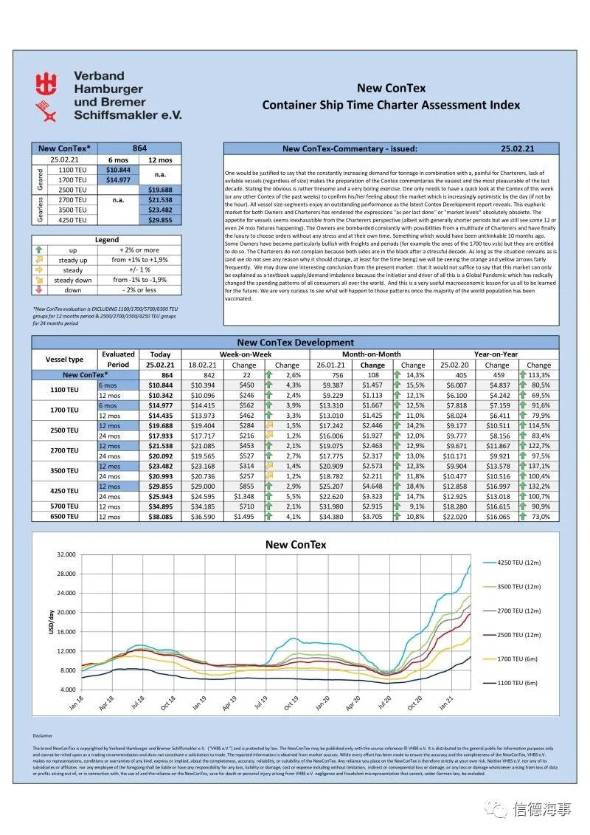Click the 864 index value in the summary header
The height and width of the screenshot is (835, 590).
[x=139, y=148]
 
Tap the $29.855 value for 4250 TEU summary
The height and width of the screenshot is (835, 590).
[x=159, y=219]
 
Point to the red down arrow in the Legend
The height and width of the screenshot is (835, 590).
[x=40, y=290]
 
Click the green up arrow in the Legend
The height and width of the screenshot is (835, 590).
[x=40, y=250]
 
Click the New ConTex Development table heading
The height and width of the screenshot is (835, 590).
[x=295, y=343]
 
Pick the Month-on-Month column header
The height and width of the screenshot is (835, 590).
[x=369, y=354]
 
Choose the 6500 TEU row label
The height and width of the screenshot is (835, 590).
[x=65, y=516]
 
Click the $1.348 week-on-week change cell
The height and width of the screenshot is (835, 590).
[x=247, y=496]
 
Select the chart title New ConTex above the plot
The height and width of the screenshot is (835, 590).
[x=295, y=545]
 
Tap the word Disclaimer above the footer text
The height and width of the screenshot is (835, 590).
[x=43, y=735]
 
